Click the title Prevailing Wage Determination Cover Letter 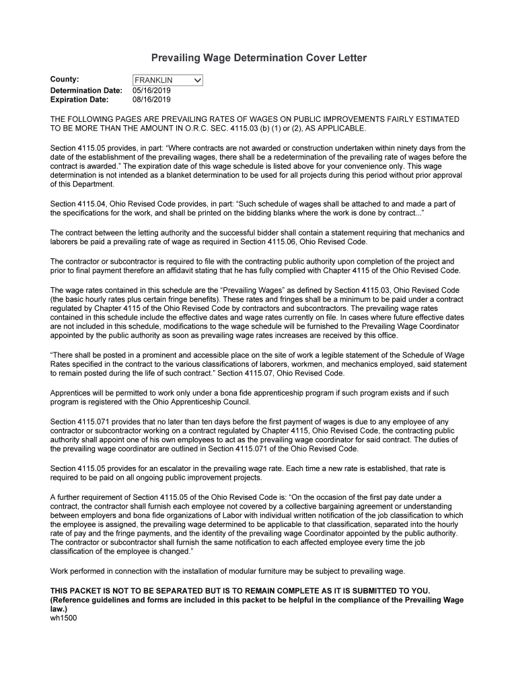click(258, 59)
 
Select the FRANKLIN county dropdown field click(161, 81)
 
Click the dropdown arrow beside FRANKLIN click(197, 81)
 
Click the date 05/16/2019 click(152, 90)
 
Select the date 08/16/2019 click(152, 100)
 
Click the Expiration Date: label click(79, 100)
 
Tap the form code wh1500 click(64, 618)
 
